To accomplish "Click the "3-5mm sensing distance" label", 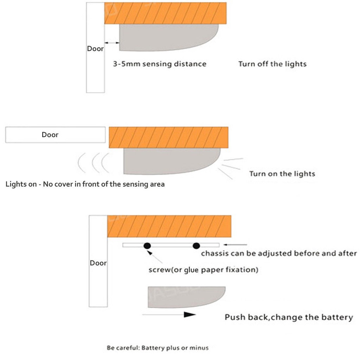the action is point(160,64).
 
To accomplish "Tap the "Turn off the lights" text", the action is point(272,64).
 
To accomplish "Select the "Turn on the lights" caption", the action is point(282,174).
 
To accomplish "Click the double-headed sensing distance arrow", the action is point(112,43).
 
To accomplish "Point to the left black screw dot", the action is point(147,246).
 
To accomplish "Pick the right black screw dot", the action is point(196,246).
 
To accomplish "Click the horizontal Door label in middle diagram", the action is point(50,135).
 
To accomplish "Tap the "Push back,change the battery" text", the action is point(289,317).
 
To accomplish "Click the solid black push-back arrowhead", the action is point(189,315).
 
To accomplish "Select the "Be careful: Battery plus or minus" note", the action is point(158,348).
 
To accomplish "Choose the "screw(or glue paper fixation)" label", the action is point(204,270).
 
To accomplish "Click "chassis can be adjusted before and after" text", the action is point(279,253).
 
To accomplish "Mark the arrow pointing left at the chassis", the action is point(235,245).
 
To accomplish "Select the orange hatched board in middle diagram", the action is point(168,137).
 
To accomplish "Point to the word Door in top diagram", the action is point(95,49).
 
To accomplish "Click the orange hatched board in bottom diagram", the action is point(169,226).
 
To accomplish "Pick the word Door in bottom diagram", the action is point(98,263).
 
